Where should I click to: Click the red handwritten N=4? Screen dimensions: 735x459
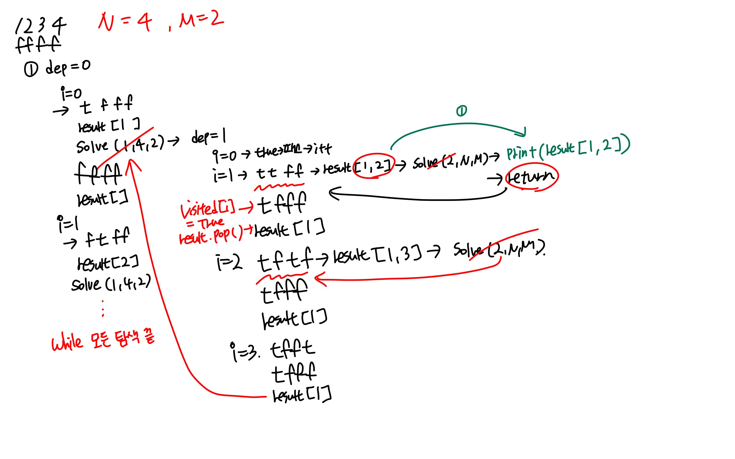click(x=125, y=22)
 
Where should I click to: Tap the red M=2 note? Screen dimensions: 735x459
click(x=201, y=20)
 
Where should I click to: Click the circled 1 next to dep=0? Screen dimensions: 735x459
click(x=31, y=69)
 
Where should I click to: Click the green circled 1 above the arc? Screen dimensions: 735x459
click(x=461, y=111)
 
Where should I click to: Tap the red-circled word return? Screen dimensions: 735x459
click(x=531, y=177)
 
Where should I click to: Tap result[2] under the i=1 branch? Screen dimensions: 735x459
click(x=108, y=263)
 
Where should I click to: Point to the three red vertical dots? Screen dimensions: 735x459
click(x=103, y=308)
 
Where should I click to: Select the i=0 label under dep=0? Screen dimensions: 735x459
click(x=71, y=94)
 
